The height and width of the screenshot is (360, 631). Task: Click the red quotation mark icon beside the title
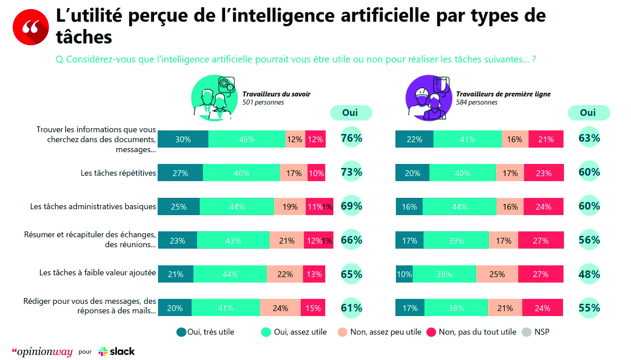[31, 27]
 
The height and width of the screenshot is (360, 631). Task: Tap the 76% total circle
[352, 138]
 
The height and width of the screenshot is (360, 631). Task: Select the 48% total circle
[589, 274]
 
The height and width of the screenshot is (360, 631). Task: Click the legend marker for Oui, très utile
[181, 332]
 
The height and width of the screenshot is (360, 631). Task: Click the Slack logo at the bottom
[116, 351]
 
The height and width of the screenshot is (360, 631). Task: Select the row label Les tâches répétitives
[118, 173]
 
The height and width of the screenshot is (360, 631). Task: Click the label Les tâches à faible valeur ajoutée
[97, 273]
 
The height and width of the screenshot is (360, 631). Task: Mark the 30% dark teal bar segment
[183, 139]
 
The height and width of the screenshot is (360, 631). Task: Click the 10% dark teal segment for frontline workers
[404, 274]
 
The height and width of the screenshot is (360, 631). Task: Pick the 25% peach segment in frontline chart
[497, 274]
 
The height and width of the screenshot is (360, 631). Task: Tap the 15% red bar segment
[313, 308]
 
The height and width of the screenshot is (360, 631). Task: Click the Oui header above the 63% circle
[588, 113]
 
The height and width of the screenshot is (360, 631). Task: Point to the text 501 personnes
[263, 102]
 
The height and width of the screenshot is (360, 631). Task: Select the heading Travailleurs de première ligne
[503, 94]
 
